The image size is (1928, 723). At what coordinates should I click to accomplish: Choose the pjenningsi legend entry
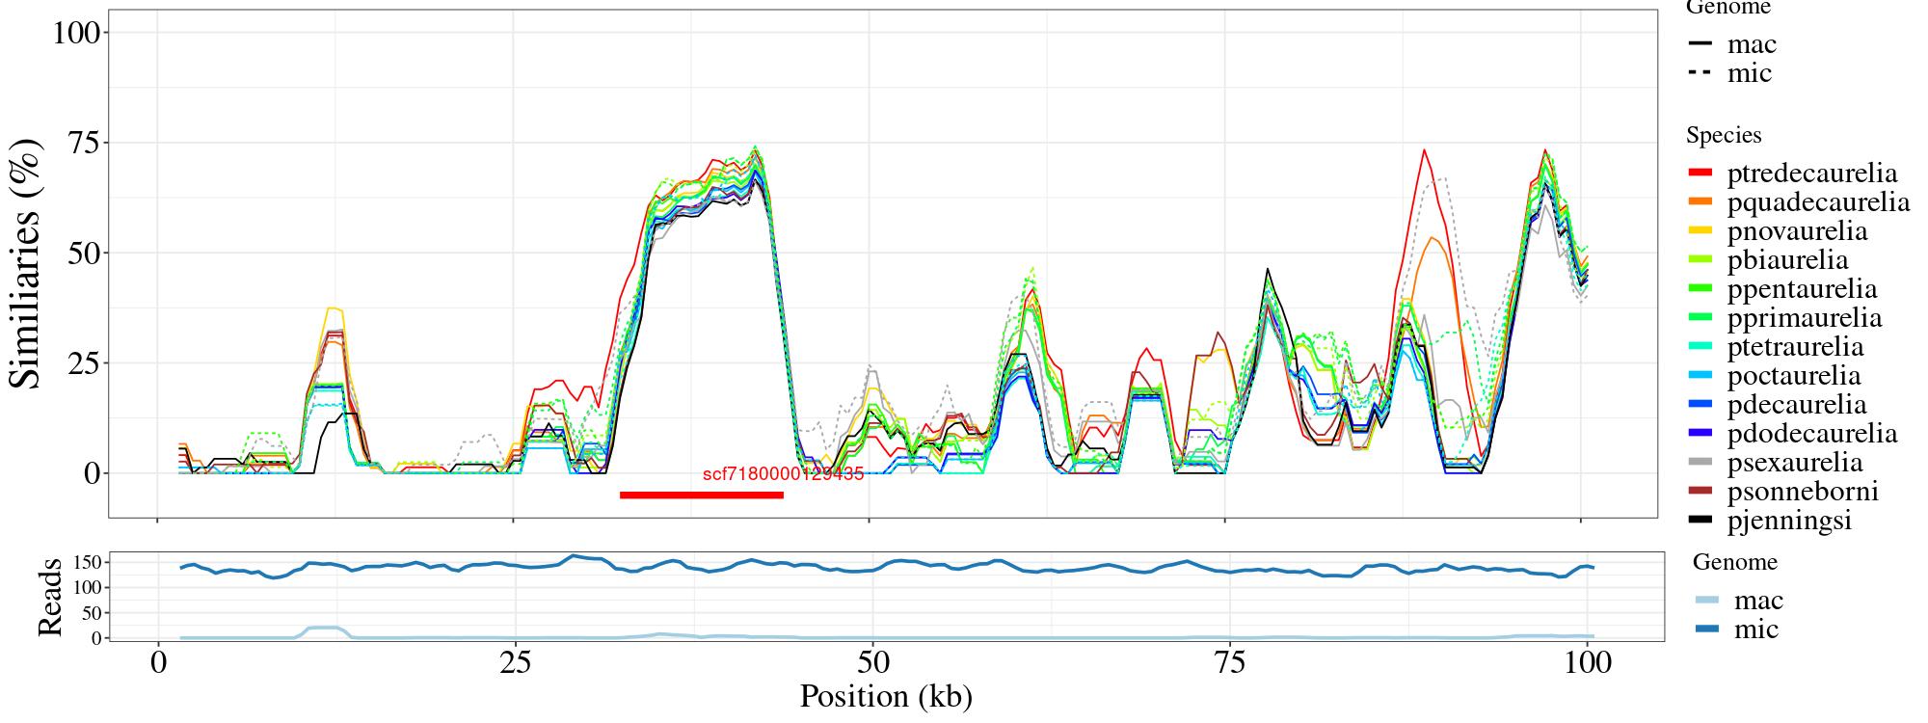coord(1789,521)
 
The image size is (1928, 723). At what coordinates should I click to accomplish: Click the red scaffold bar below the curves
coord(701,495)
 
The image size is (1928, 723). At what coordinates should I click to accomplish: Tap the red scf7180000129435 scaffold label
coord(783,474)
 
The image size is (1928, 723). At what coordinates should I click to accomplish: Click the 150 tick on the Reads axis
coord(86,561)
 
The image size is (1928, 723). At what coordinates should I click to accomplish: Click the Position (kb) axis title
coord(885,696)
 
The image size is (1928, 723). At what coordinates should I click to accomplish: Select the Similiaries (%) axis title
coord(26,263)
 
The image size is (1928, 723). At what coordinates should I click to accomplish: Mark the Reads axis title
coord(48,596)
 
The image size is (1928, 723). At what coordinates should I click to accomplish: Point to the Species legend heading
coord(1724,135)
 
